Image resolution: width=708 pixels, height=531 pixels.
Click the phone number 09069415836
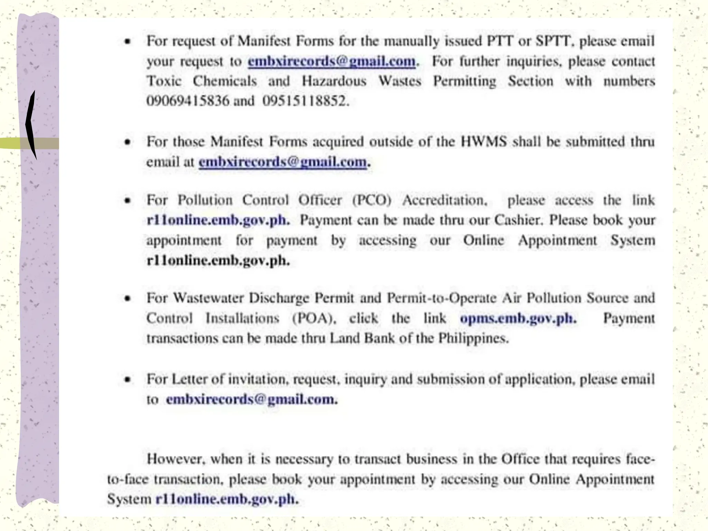click(x=188, y=101)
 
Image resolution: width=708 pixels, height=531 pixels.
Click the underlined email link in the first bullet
click(x=332, y=61)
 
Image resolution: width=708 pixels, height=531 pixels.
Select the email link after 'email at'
click(x=282, y=162)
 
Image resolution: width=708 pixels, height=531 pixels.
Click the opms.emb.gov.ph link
click(x=518, y=318)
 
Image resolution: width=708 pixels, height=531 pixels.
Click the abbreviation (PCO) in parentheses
click(x=372, y=200)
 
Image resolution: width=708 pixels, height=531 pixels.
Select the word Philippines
click(x=473, y=338)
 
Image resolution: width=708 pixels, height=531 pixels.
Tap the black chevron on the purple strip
click(x=31, y=124)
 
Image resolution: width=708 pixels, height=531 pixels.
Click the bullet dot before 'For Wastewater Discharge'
click(x=128, y=298)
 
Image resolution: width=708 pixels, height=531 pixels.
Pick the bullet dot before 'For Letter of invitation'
click(x=128, y=380)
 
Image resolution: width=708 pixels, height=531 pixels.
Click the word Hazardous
click(x=334, y=81)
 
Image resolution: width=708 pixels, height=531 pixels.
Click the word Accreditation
click(x=445, y=200)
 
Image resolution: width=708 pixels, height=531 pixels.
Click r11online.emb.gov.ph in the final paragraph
click(x=226, y=499)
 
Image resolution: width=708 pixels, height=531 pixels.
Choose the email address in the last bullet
click(x=251, y=399)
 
